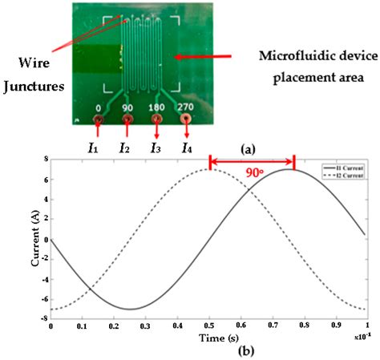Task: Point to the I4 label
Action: [x=186, y=147]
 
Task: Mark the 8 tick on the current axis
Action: [x=44, y=160]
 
